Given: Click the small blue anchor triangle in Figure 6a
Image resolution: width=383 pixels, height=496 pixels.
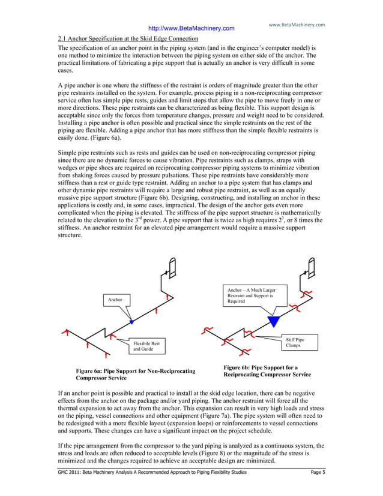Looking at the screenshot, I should coord(131,322).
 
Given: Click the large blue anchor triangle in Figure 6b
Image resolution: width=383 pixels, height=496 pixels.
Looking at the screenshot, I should coord(274,321).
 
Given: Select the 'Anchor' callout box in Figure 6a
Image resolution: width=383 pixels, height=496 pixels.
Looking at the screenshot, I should coord(114,298).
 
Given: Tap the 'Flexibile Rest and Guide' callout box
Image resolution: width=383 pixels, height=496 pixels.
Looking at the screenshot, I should coord(146,346).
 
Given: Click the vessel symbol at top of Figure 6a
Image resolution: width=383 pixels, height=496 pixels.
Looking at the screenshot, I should coord(172,265).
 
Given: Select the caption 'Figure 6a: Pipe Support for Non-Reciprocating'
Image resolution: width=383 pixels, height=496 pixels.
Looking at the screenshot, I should coord(134,372).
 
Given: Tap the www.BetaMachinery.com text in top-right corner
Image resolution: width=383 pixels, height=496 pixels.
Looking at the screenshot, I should coord(297,25).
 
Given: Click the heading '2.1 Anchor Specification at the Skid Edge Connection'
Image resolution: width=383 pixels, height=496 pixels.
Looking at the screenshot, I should coord(123,38).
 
